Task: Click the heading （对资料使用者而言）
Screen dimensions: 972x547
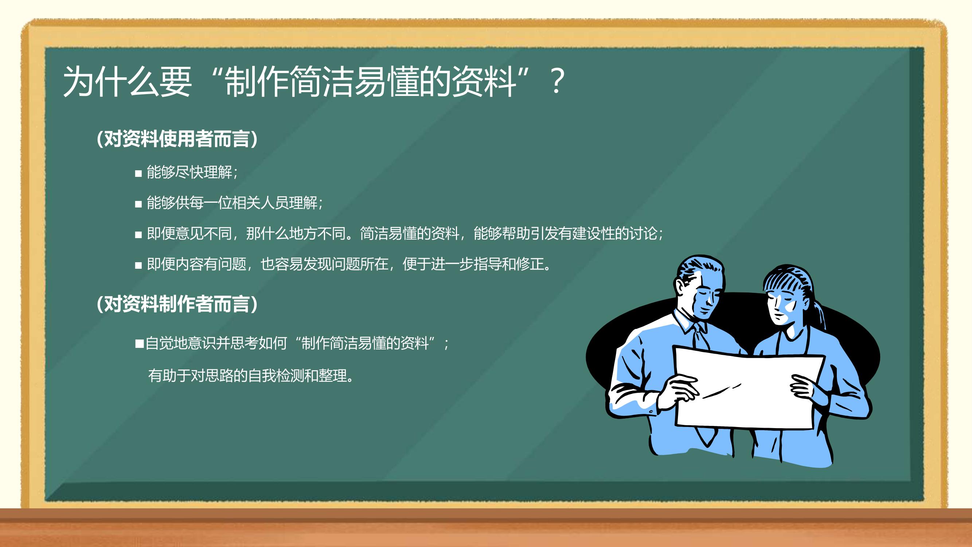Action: point(177,139)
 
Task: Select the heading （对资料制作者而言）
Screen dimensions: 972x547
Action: point(177,304)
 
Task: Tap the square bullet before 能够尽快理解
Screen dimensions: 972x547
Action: point(138,174)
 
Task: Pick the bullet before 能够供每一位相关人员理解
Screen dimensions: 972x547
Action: point(138,204)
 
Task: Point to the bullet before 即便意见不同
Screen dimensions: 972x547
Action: point(138,235)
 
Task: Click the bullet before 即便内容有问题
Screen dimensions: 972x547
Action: point(138,265)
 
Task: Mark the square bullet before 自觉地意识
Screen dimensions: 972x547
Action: point(140,344)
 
